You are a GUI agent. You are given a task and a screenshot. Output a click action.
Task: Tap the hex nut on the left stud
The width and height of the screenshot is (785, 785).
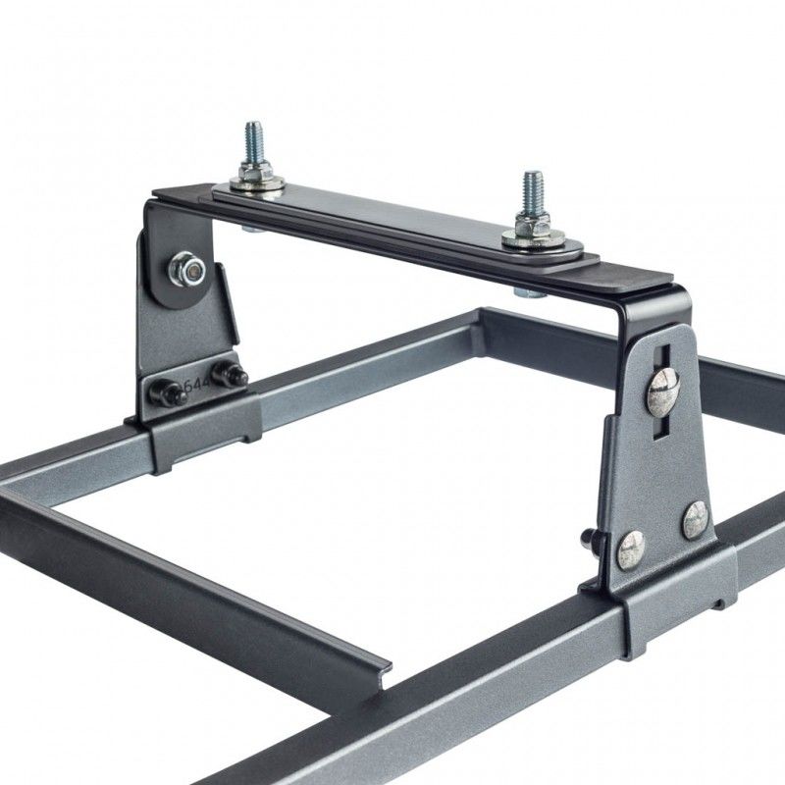[254, 174]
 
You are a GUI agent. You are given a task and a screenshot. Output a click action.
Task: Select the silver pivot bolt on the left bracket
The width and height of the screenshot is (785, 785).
[185, 266]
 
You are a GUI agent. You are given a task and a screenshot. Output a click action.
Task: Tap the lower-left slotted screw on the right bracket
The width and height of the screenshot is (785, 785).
[630, 549]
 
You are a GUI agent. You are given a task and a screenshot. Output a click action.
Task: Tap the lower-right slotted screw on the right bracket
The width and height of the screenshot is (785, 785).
[695, 518]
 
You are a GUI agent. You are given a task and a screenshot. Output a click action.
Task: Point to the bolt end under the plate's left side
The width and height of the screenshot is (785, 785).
[251, 228]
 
